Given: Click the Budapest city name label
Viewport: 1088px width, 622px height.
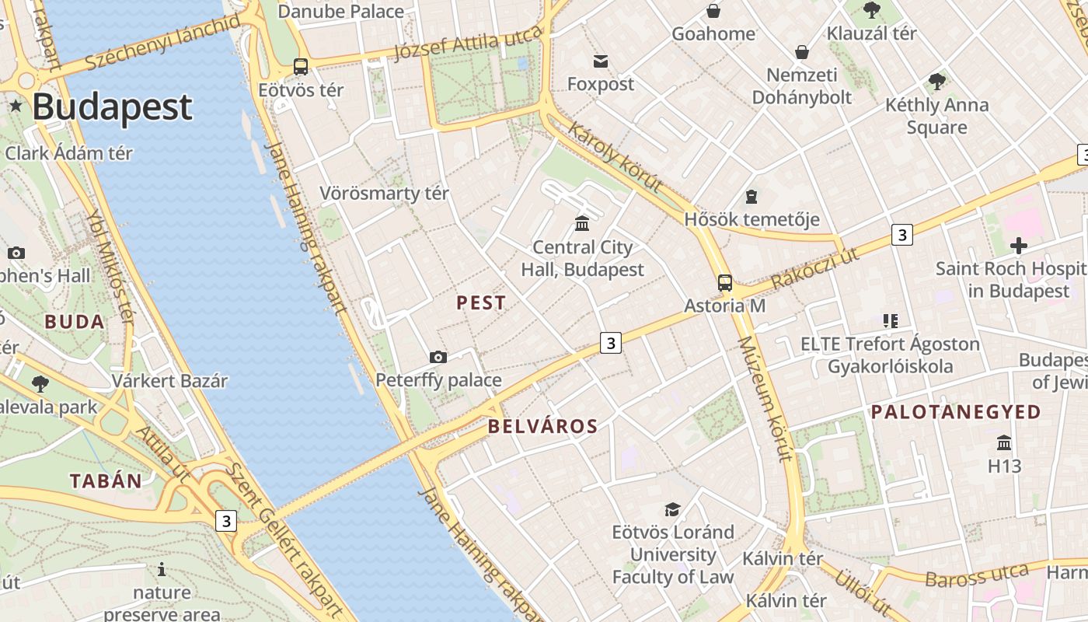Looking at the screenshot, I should coord(112,107).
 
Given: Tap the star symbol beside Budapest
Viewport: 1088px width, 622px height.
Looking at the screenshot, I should coord(15,105).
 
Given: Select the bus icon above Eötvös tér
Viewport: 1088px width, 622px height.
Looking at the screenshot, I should coord(301,67).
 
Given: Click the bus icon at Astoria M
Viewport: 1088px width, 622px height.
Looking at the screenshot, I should coord(725,283).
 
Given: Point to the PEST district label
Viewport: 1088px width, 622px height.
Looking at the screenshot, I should coord(481,303).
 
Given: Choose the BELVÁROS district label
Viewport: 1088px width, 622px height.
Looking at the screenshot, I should coord(543,426).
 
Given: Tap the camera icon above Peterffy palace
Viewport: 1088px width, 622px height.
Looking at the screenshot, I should coord(438,358).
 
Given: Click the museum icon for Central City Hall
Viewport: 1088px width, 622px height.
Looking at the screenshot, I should coord(581,225).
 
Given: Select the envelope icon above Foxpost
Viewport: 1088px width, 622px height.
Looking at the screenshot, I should coord(601,61).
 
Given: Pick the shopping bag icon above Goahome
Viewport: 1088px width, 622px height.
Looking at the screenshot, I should coord(713,11).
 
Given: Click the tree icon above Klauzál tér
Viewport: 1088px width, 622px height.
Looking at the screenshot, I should coord(872,10).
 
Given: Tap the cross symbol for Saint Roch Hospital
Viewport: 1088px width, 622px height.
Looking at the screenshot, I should coord(1018,246).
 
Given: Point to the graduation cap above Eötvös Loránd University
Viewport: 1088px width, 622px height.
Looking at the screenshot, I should coord(672,509).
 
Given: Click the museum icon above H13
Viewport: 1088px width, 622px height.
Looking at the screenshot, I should coord(1004,443).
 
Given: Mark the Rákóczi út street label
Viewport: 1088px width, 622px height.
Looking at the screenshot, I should coord(815,269).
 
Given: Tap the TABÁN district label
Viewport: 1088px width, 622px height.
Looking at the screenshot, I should coord(106,480).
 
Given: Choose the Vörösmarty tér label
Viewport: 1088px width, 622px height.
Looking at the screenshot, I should coord(385,193).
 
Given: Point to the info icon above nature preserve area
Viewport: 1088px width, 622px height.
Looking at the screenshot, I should coord(162,569).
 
